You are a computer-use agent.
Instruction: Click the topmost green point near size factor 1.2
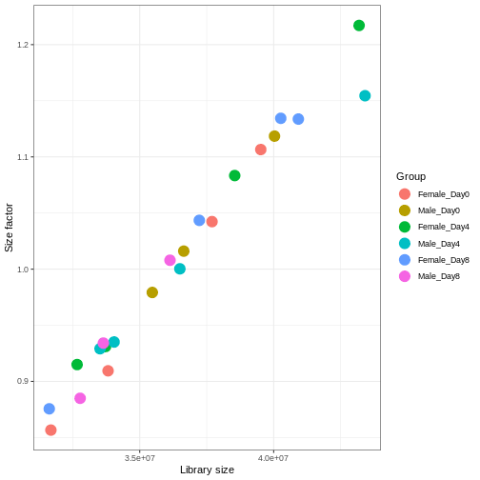[x=359, y=26]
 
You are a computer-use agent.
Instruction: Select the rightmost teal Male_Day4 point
[x=365, y=95]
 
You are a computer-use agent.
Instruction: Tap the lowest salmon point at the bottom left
[x=50, y=430]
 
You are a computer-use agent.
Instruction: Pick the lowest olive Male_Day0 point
[x=152, y=292]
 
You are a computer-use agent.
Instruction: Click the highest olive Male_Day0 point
[x=274, y=136]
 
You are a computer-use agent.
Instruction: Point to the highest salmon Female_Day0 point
[x=261, y=150]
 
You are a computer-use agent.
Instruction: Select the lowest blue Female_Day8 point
[x=50, y=409]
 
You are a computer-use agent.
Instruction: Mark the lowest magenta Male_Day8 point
[x=80, y=398]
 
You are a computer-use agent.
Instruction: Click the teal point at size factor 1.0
[x=180, y=269]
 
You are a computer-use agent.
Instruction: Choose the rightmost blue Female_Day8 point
[x=298, y=119]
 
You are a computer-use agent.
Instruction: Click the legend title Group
[x=410, y=176]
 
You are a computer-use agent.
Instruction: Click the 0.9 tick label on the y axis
[x=23, y=381]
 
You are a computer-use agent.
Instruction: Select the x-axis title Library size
[x=207, y=470]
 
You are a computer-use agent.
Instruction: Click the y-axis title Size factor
[x=9, y=228]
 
